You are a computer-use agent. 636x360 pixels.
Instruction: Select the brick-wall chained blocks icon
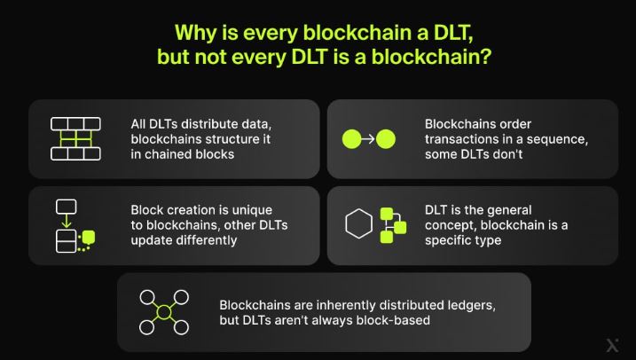pos(75,138)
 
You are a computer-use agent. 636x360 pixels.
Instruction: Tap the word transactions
pos(465,139)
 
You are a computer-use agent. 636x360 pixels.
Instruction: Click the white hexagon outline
pos(359,225)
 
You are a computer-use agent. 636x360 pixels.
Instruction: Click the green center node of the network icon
pos(164,312)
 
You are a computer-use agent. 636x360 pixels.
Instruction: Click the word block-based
pos(391,320)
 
